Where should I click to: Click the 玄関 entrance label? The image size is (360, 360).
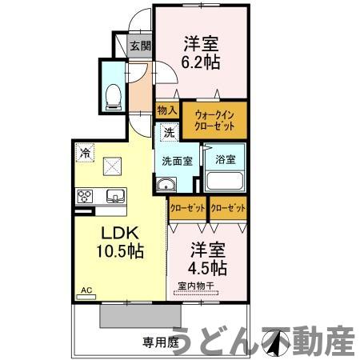141,46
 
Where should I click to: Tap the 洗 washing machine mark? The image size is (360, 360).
170,132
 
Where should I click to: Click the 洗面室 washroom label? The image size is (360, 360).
177,160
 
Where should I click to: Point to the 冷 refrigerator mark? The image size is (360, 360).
85,150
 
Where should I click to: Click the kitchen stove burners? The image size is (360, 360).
86,196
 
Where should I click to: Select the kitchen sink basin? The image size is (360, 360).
114,196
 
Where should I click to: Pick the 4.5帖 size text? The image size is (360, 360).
207,266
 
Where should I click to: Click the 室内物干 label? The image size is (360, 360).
196,286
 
